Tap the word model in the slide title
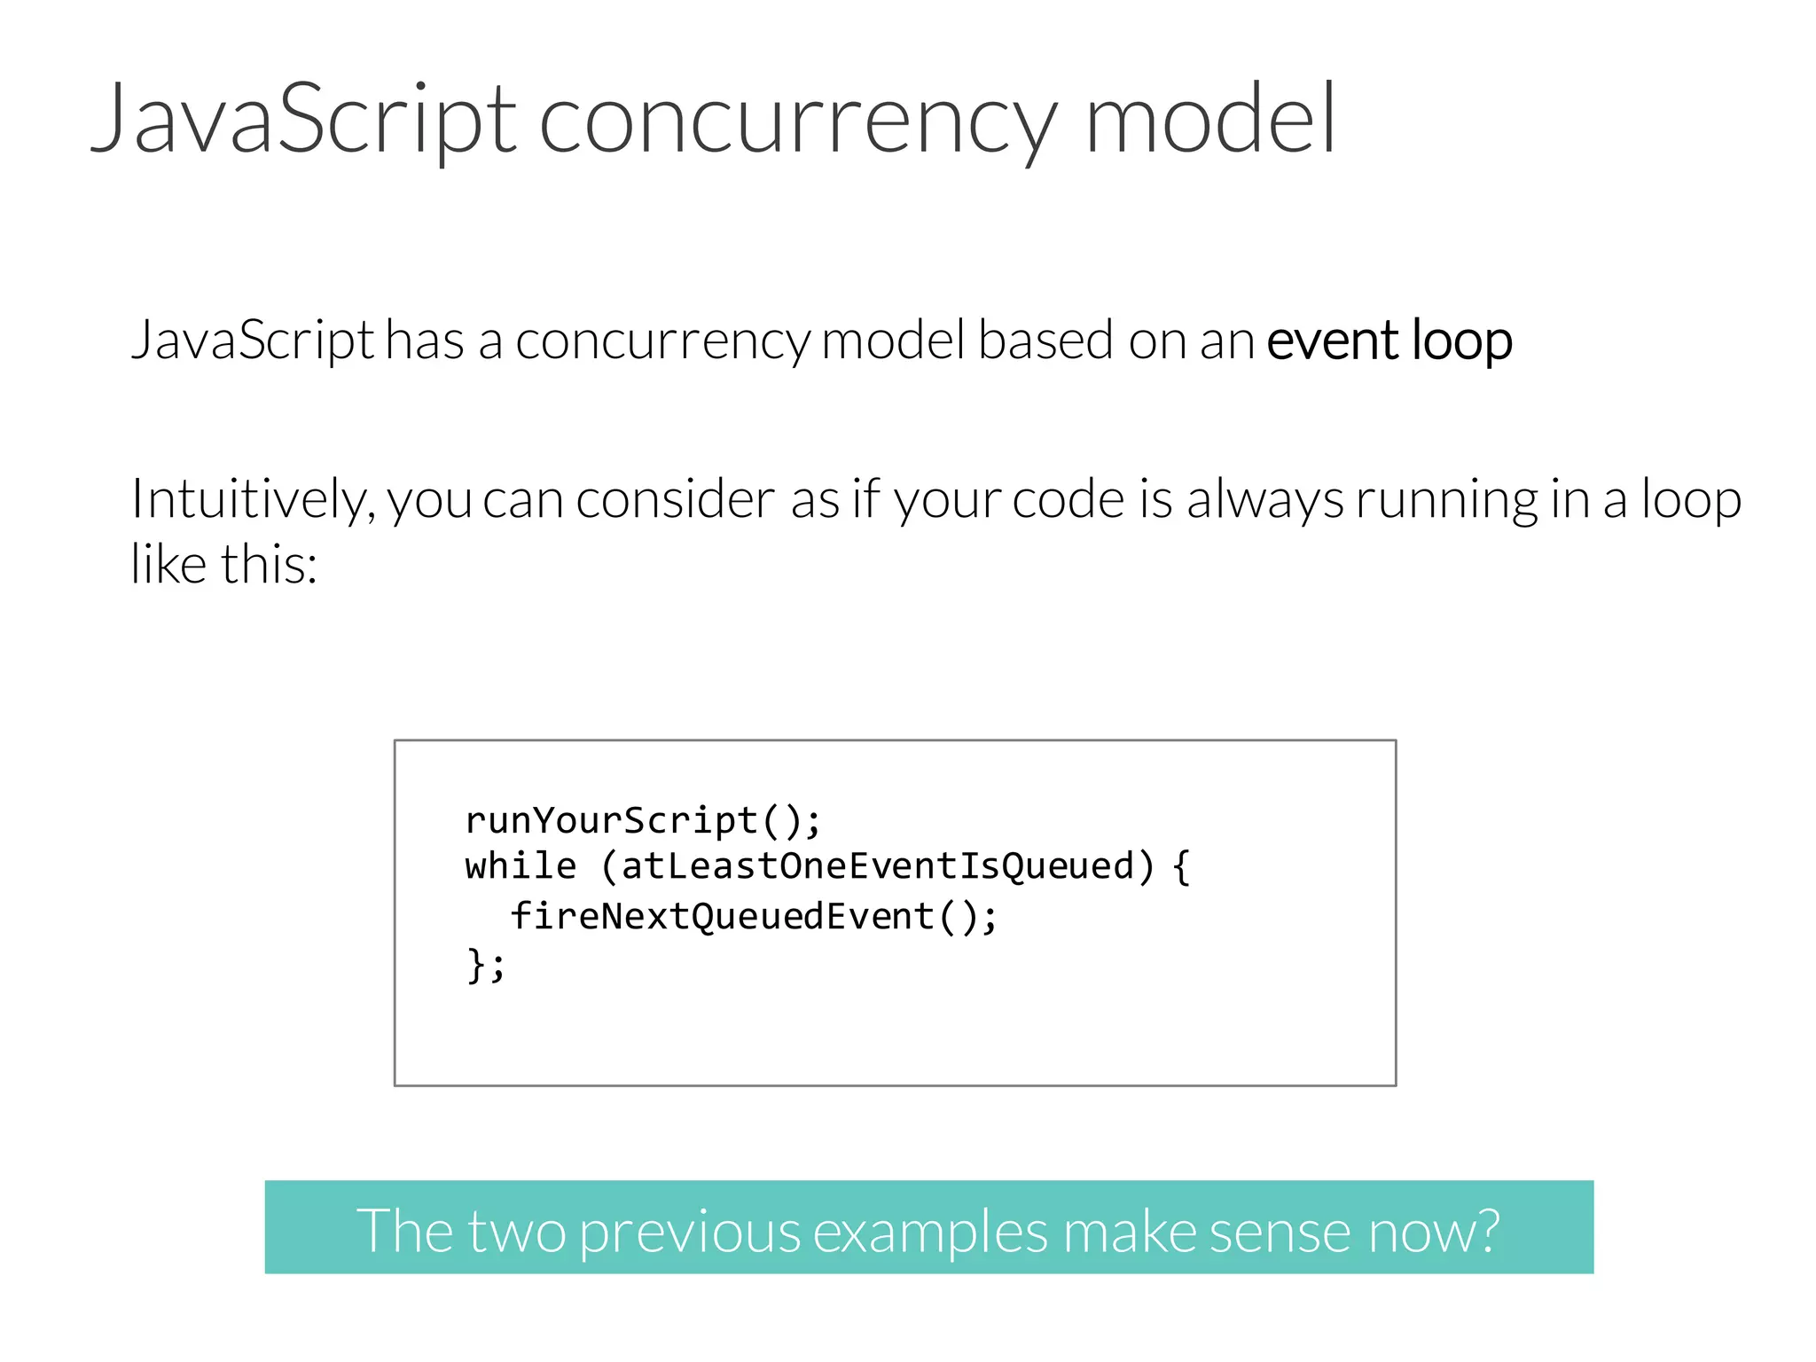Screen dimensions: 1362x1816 [1209, 120]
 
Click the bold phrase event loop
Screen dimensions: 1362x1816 [1389, 341]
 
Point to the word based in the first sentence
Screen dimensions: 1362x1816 [1045, 340]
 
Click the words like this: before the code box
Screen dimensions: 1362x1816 [223, 564]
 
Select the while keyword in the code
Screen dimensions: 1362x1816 [521, 866]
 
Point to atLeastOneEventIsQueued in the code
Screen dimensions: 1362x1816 [877, 866]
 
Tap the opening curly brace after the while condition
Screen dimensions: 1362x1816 [1181, 866]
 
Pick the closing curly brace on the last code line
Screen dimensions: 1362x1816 [476, 965]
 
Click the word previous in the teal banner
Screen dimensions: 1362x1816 [689, 1232]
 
